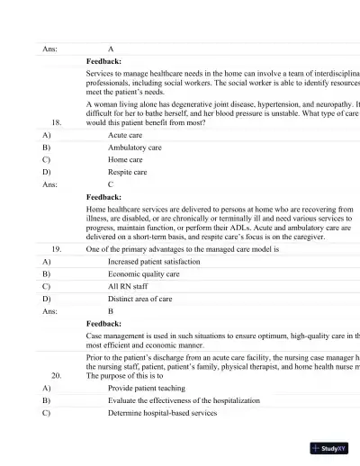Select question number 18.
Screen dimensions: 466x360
pyautogui.click(x=57, y=121)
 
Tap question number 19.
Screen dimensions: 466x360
pyautogui.click(x=57, y=247)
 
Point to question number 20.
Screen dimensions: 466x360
pyautogui.click(x=57, y=375)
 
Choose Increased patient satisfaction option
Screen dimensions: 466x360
pyautogui.click(x=154, y=261)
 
